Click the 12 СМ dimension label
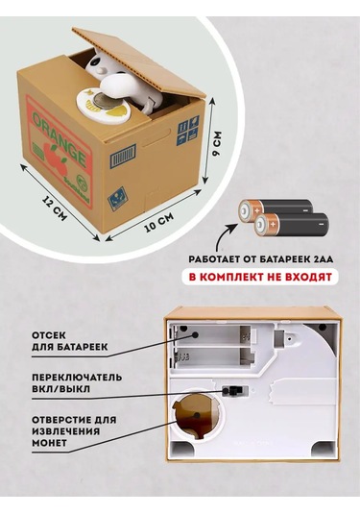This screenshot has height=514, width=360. pos(55,208)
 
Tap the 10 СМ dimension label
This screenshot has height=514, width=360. pos(159,222)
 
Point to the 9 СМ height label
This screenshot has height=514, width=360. pos(217,144)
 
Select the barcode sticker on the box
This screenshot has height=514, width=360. pos(123,155)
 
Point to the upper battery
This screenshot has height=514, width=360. pos(276,211)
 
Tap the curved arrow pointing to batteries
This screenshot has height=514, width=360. pos(224,237)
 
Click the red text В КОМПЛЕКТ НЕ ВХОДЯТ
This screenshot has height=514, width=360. pos(260,277)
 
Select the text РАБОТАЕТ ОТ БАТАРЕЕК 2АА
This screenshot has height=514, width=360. pos(260,259)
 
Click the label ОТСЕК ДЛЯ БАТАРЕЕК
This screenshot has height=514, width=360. pos(69,341)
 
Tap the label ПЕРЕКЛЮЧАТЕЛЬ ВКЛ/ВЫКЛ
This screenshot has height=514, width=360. pos(77,383)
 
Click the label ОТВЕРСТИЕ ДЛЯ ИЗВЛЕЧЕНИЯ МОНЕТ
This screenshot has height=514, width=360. pos(74,430)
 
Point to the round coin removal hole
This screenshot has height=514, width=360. pos(197,415)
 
